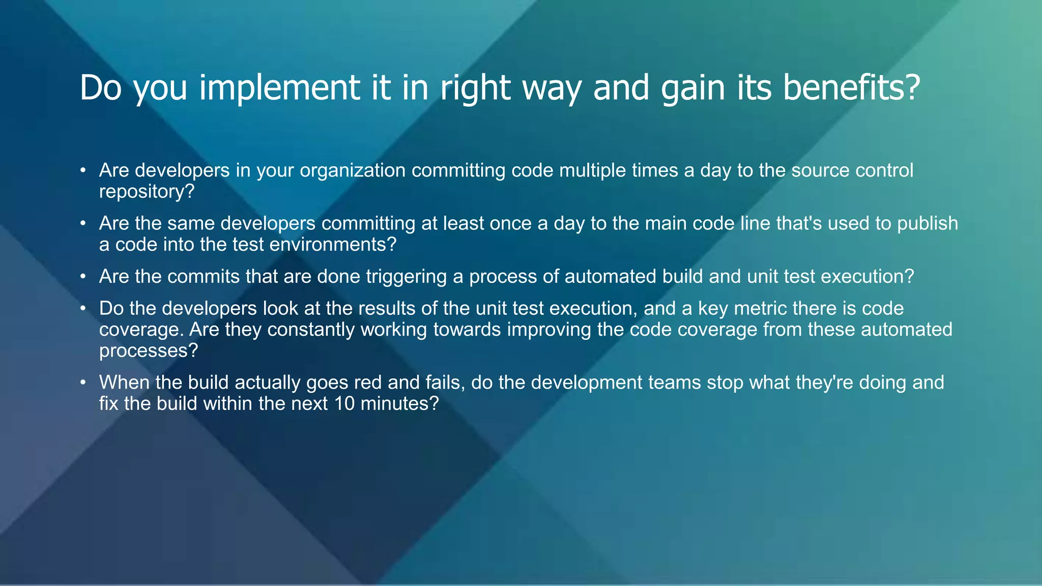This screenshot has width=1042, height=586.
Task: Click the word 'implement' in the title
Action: click(x=280, y=89)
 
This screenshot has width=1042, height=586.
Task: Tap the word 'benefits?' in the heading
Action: click(x=851, y=87)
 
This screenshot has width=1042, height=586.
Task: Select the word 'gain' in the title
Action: click(x=692, y=89)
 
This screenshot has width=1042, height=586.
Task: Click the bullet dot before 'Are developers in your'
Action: click(x=82, y=170)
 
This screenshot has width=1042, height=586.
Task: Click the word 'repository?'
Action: click(x=147, y=192)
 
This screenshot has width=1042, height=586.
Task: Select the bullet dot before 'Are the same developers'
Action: click(x=82, y=224)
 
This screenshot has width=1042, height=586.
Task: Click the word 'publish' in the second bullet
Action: click(x=928, y=224)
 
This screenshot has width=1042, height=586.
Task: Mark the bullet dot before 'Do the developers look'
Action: click(x=82, y=309)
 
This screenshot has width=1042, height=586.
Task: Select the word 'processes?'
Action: click(x=148, y=351)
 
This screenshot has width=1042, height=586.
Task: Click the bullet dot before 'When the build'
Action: click(x=82, y=383)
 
